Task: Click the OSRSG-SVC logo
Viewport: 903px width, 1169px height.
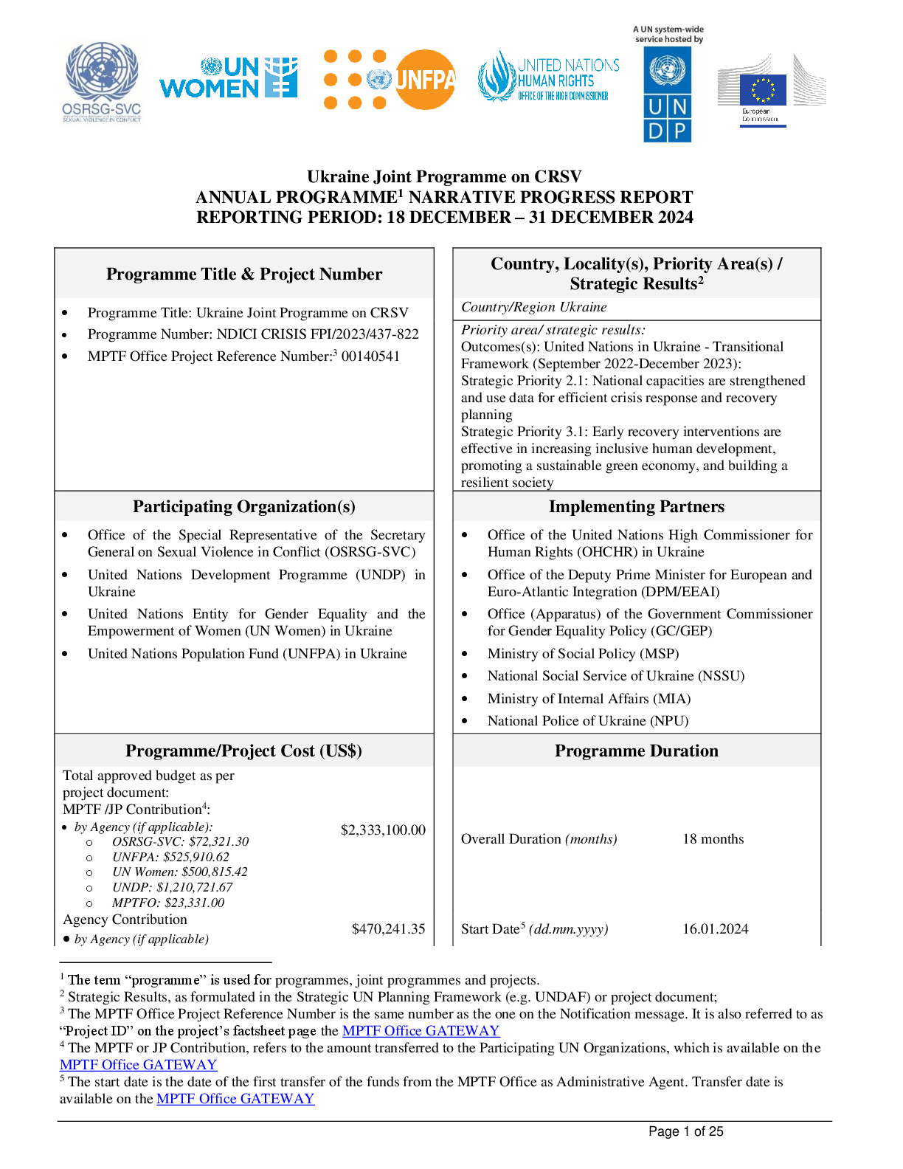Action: tap(102, 81)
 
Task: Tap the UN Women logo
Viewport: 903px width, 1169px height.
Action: tap(229, 77)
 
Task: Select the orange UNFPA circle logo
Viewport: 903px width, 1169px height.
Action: tap(425, 80)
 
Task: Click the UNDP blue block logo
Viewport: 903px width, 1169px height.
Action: tap(668, 94)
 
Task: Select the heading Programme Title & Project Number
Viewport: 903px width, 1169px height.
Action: tap(244, 274)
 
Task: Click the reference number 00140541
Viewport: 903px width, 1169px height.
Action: tap(370, 356)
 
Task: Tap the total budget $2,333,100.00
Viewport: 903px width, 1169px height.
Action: tap(383, 830)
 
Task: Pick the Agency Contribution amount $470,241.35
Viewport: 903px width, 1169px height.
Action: tap(388, 928)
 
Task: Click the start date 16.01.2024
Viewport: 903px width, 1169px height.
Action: tap(716, 928)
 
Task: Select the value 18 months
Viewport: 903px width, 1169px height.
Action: tap(713, 838)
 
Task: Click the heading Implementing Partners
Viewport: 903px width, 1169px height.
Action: tap(636, 506)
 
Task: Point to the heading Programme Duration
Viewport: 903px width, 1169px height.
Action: tap(636, 751)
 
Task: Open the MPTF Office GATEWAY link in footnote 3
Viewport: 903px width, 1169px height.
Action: tap(421, 1031)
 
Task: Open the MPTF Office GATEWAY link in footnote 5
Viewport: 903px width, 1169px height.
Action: tap(235, 1099)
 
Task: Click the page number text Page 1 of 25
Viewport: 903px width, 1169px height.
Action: tap(685, 1131)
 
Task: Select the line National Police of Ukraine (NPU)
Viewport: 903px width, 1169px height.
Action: tap(588, 721)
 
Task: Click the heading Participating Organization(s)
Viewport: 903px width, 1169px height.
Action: tap(244, 506)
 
